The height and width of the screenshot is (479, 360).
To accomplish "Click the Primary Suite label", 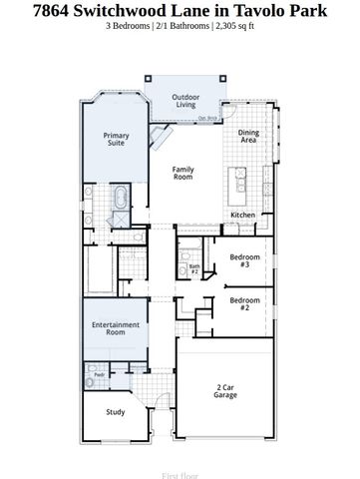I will pos(117,140).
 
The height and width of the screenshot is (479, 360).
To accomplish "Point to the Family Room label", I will pos(182,175).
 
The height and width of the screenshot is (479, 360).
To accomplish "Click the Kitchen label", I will pos(243,215).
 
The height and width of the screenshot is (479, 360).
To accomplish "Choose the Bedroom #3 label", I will pos(244,261).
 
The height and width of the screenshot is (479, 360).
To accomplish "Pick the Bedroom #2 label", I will pos(244,302).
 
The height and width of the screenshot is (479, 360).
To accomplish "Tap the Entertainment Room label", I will pos(116,328).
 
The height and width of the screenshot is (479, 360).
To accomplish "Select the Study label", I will pos(117,410).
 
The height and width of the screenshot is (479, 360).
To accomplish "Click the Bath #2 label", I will pos(195,268).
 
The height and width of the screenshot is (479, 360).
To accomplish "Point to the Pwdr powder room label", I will pos(99,375).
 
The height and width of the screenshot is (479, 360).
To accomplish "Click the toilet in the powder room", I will pos(91,380).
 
